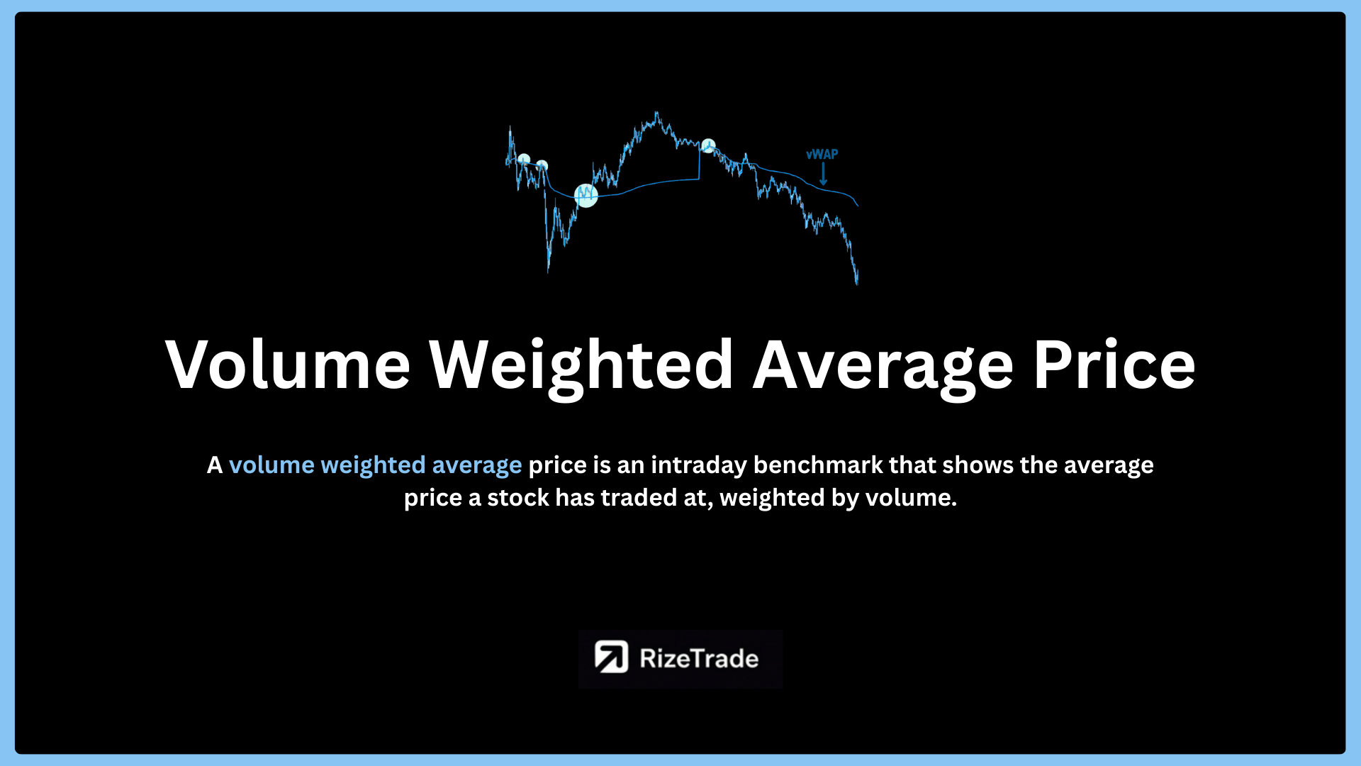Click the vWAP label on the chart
(x=822, y=154)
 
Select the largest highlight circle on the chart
(x=586, y=195)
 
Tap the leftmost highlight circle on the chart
(x=524, y=160)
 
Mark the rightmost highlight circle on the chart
(x=708, y=145)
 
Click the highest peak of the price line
(x=656, y=112)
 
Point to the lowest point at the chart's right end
(x=857, y=283)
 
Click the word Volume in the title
(x=288, y=365)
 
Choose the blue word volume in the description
(x=271, y=465)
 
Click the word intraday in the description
(x=699, y=465)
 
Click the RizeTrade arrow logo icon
(x=611, y=657)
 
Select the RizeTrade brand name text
(x=699, y=658)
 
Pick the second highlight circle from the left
(x=542, y=166)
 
